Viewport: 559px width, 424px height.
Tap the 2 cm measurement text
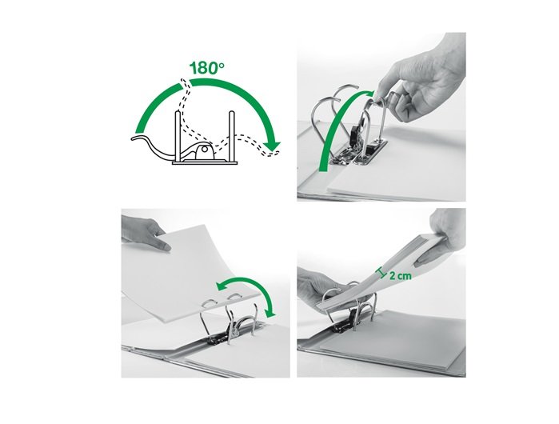click(x=401, y=276)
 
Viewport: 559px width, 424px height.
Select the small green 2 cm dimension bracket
click(x=381, y=273)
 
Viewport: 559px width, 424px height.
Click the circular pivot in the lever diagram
click(x=204, y=150)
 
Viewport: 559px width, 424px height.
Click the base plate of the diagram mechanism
click(x=205, y=163)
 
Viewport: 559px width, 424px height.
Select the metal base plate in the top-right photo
click(x=359, y=154)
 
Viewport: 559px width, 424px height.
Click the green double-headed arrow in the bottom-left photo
click(x=246, y=290)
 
